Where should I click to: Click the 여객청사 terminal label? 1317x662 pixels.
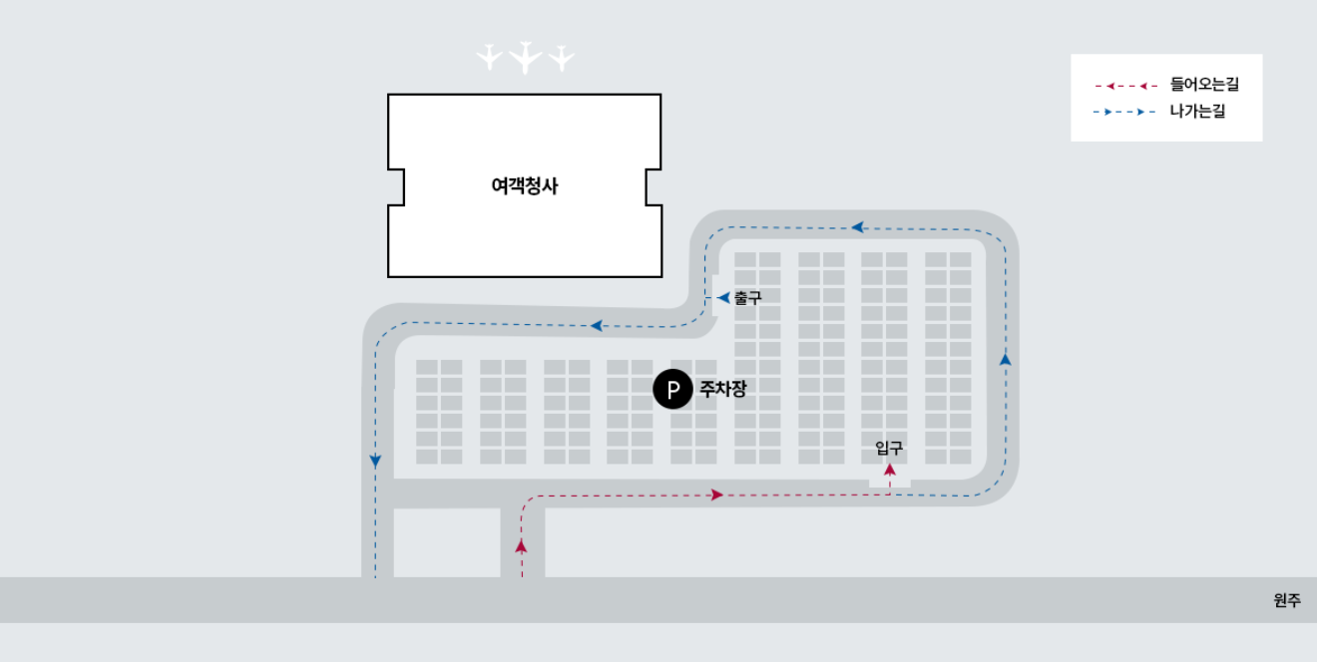525,185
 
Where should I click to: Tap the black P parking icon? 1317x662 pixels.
672,390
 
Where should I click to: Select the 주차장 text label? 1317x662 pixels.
722,390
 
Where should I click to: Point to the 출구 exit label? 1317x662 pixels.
747,298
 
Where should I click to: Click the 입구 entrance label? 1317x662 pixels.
889,448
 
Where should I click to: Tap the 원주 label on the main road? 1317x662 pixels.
1287,600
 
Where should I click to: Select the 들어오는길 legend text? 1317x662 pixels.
1204,86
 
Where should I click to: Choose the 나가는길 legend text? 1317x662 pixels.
1197,112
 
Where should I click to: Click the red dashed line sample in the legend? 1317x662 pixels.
1125,86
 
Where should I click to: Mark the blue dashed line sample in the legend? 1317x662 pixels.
1125,112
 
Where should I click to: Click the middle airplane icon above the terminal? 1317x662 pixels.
525,58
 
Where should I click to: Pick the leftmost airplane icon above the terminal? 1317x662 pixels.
488,57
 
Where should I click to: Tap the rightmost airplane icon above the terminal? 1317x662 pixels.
562,57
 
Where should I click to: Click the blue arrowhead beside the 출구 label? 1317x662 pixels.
723,298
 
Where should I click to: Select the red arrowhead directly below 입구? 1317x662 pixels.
890,469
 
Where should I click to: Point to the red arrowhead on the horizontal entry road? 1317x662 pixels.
716,495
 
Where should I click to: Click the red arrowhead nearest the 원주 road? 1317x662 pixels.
521,545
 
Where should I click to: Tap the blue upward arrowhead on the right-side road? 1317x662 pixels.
1005,359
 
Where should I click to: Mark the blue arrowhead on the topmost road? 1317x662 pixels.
856,227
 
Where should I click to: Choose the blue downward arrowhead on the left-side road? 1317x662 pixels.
375,461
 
